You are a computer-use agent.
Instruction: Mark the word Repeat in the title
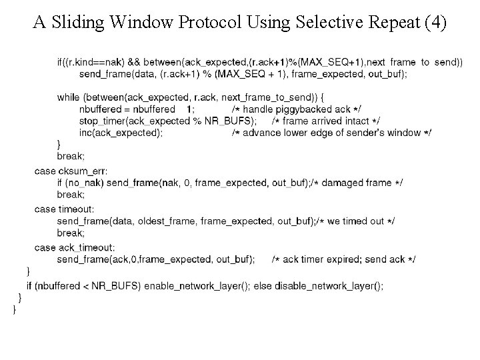click(389, 23)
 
